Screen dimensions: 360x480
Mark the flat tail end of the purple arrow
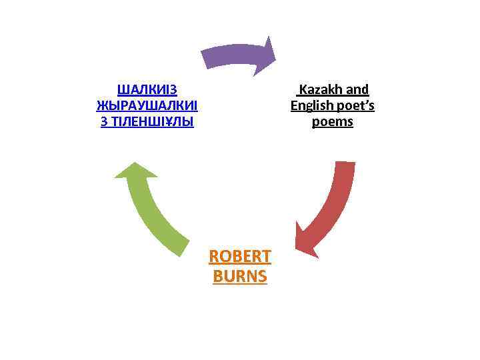(x=205, y=58)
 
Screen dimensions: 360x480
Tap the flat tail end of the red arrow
(x=344, y=164)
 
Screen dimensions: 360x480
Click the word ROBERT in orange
(x=240, y=256)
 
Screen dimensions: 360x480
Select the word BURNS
(x=240, y=276)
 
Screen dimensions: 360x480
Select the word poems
(x=333, y=123)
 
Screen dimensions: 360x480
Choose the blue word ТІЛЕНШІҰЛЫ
(x=151, y=123)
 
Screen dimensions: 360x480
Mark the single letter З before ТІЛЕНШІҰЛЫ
(x=103, y=123)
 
